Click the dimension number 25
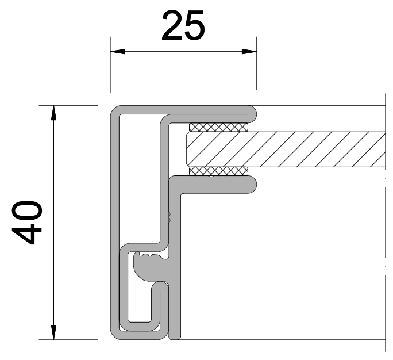[183, 25]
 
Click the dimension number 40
[27, 223]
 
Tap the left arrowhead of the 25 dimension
[118, 52]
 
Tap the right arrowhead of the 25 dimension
[249, 52]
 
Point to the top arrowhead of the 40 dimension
[53, 113]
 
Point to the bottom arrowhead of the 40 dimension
[53, 332]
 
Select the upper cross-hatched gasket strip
[218, 127]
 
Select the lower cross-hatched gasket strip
[218, 171]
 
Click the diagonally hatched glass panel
[286, 150]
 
